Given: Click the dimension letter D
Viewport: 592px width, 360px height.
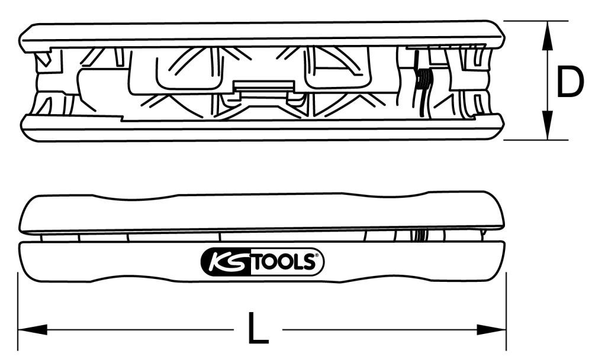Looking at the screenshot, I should pyautogui.click(x=570, y=83).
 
